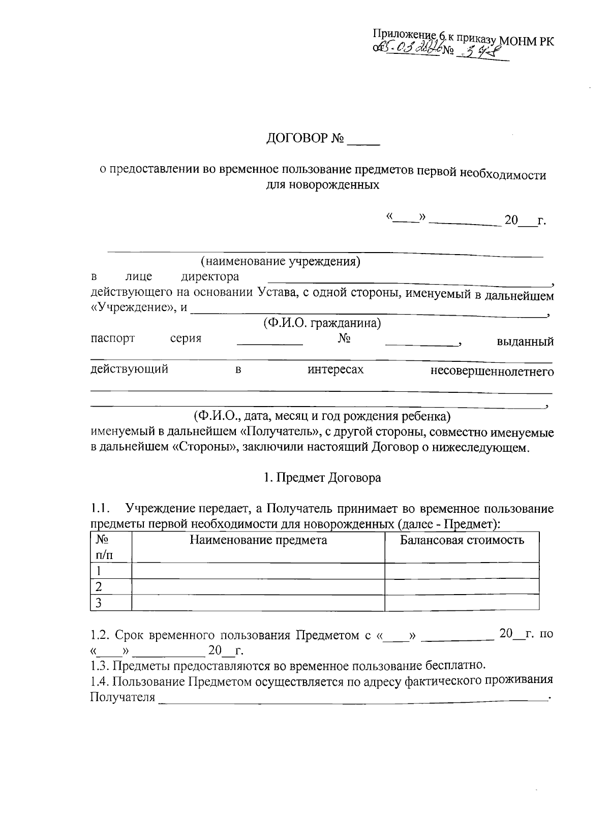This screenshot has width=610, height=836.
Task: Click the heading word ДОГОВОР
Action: click(298, 139)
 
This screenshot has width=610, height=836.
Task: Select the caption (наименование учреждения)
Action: click(280, 262)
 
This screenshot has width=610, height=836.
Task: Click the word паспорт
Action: click(112, 338)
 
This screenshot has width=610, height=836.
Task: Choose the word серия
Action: click(186, 338)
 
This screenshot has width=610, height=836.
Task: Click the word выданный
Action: click(525, 342)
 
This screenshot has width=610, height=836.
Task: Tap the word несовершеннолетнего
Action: click(492, 371)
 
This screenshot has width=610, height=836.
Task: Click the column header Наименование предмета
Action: click(258, 540)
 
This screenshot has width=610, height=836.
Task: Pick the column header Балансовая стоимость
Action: click(462, 540)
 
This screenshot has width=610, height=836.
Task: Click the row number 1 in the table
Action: click(100, 571)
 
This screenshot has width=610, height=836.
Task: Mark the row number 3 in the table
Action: click(100, 603)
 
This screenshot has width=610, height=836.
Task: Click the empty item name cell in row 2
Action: click(258, 586)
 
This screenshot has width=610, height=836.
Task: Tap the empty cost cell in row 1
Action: click(462, 571)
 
